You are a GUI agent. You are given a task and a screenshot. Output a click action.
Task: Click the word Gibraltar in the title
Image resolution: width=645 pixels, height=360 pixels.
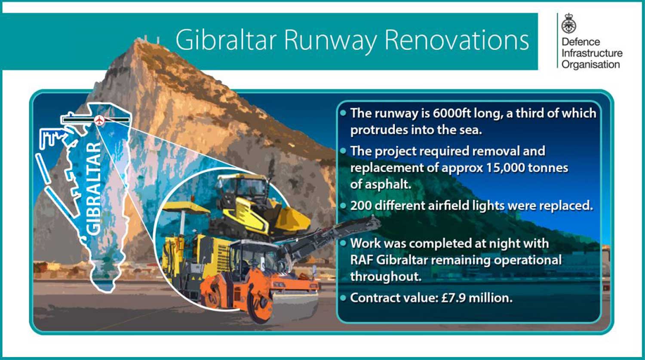pos(226,40)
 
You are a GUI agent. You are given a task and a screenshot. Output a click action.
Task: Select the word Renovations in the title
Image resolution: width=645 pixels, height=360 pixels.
pos(457,40)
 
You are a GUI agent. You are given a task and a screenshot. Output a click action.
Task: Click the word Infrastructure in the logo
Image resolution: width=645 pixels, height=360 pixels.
pos(592,53)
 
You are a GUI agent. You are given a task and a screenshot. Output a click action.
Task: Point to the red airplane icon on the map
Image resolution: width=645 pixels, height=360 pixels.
pos(99,120)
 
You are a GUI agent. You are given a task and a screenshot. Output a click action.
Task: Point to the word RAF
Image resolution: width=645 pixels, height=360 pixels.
pos(362,260)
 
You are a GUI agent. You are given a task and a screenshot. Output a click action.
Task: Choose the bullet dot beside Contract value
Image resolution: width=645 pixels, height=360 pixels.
pos(343,298)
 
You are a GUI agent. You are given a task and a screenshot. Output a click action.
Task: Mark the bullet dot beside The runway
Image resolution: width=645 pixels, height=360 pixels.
pos(343,113)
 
